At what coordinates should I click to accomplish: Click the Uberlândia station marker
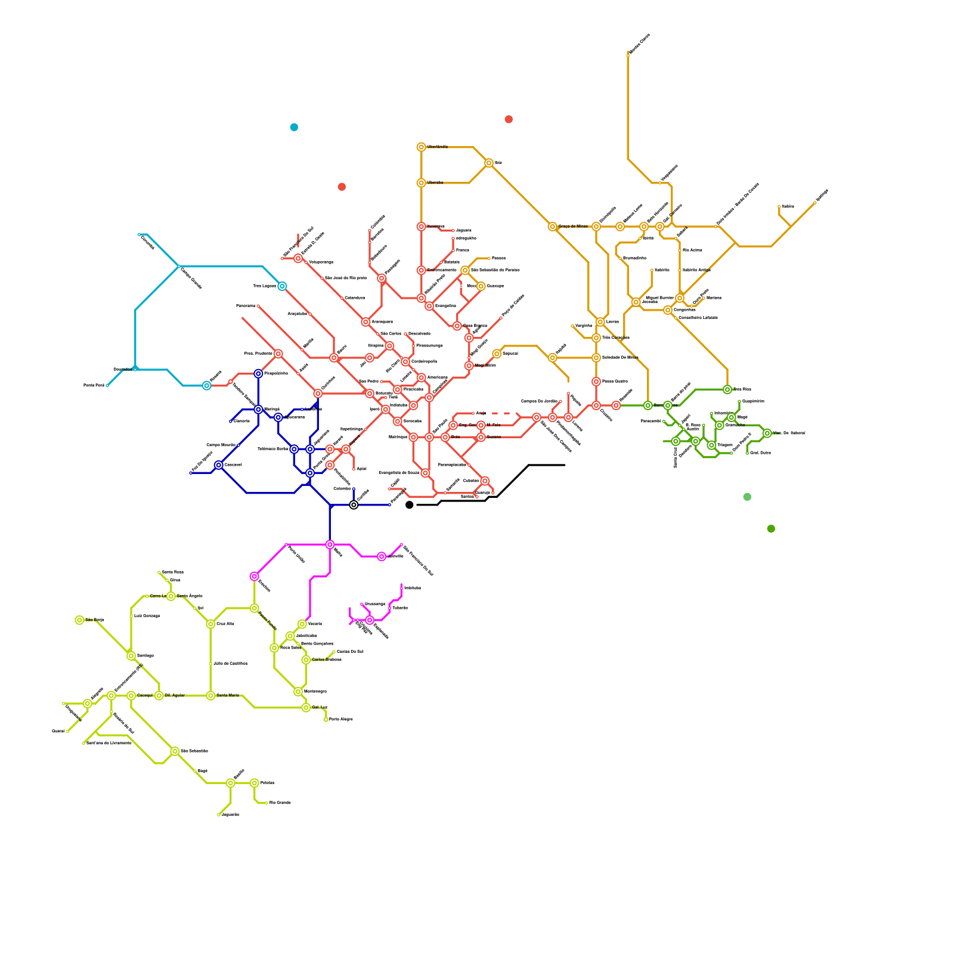pyautogui.click(x=422, y=147)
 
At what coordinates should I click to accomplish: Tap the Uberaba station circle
pyautogui.click(x=422, y=183)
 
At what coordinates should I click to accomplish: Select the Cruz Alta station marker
pyautogui.click(x=210, y=624)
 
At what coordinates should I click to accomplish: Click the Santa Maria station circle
pyautogui.click(x=210, y=696)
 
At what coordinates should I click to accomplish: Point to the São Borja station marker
pyautogui.click(x=79, y=620)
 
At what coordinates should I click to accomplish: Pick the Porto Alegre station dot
pyautogui.click(x=326, y=720)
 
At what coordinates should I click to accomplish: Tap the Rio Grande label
pyautogui.click(x=280, y=803)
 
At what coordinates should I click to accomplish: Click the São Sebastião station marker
pyautogui.click(x=175, y=751)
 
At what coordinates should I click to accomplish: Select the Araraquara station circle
pyautogui.click(x=366, y=322)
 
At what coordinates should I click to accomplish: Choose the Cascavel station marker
pyautogui.click(x=219, y=465)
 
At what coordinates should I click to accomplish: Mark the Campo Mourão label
pyautogui.click(x=221, y=445)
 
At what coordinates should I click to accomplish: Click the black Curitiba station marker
pyautogui.click(x=354, y=505)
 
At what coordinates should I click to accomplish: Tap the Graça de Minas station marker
pyautogui.click(x=553, y=227)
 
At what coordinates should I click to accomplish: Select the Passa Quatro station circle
pyautogui.click(x=596, y=382)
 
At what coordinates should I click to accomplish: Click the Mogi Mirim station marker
pyautogui.click(x=469, y=366)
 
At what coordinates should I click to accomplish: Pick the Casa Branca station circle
pyautogui.click(x=457, y=326)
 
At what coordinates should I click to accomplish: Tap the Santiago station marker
pyautogui.click(x=131, y=656)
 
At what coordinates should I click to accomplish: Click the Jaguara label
pyautogui.click(x=463, y=230)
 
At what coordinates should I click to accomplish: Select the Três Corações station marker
pyautogui.click(x=596, y=338)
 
